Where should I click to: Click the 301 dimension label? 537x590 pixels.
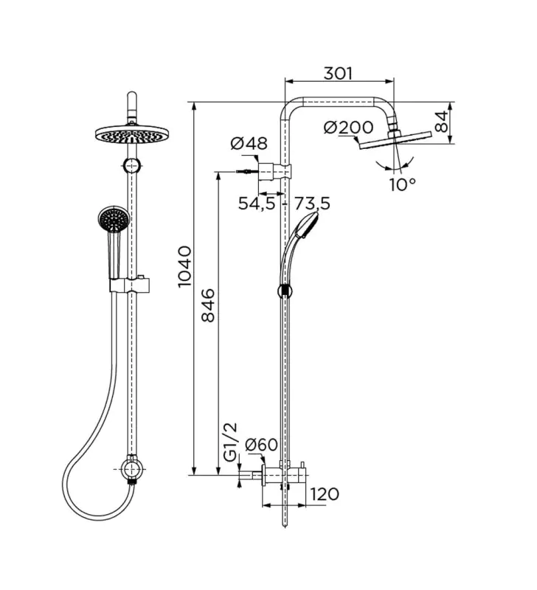pyautogui.click(x=339, y=73)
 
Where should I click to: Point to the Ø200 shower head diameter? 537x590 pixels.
pyautogui.click(x=348, y=128)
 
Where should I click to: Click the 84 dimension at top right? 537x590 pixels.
pyautogui.click(x=442, y=120)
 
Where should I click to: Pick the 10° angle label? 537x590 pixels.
pyautogui.click(x=403, y=184)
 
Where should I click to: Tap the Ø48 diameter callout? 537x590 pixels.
pyautogui.click(x=249, y=145)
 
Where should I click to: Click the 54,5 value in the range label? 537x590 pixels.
pyautogui.click(x=256, y=204)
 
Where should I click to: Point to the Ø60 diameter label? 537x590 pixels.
pyautogui.click(x=260, y=445)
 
